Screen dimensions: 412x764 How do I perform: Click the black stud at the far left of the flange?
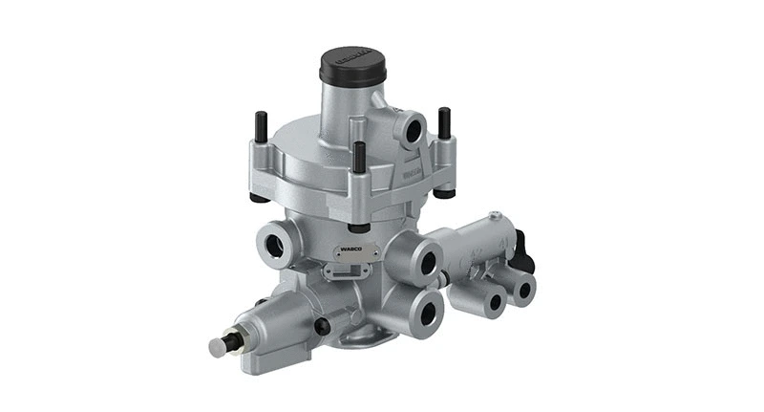tap(260, 129)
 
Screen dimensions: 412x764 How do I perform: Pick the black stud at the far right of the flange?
tap(444, 122)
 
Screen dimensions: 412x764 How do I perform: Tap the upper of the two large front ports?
tap(426, 263)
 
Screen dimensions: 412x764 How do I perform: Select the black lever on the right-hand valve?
tap(523, 249)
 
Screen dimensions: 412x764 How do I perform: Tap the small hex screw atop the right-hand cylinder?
tap(494, 216)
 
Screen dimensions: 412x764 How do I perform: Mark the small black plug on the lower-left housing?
tap(322, 328)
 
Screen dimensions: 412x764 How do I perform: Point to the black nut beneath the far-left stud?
tap(259, 197)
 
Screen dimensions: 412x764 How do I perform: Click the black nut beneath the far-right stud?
tap(443, 193)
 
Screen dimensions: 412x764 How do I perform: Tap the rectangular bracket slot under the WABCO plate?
tap(340, 271)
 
